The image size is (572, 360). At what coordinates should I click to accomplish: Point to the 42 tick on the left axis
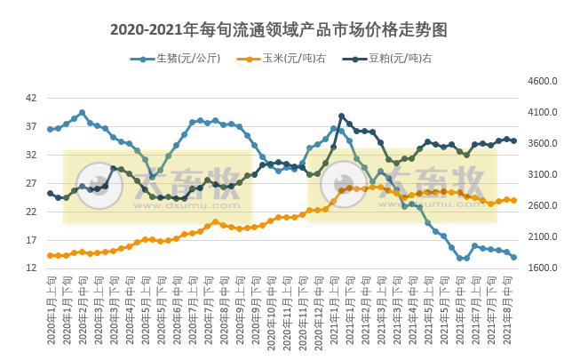(31, 98)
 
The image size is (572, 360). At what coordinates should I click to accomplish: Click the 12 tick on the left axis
(31, 268)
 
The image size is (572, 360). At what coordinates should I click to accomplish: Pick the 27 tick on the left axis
(31, 183)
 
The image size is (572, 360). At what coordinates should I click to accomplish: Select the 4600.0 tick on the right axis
(541, 82)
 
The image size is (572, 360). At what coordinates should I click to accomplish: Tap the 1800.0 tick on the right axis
(541, 268)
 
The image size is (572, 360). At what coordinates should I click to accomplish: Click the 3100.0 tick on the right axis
(541, 175)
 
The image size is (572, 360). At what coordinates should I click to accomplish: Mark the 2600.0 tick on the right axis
(541, 206)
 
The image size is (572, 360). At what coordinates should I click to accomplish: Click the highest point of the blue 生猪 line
(82, 113)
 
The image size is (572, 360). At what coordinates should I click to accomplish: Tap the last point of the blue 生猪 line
(514, 257)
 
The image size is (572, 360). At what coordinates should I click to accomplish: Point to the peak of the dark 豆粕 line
(341, 116)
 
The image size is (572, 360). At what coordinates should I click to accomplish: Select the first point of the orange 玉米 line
(50, 255)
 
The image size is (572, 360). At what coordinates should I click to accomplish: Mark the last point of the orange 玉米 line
(514, 200)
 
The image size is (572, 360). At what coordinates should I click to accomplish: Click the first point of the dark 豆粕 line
(50, 193)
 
